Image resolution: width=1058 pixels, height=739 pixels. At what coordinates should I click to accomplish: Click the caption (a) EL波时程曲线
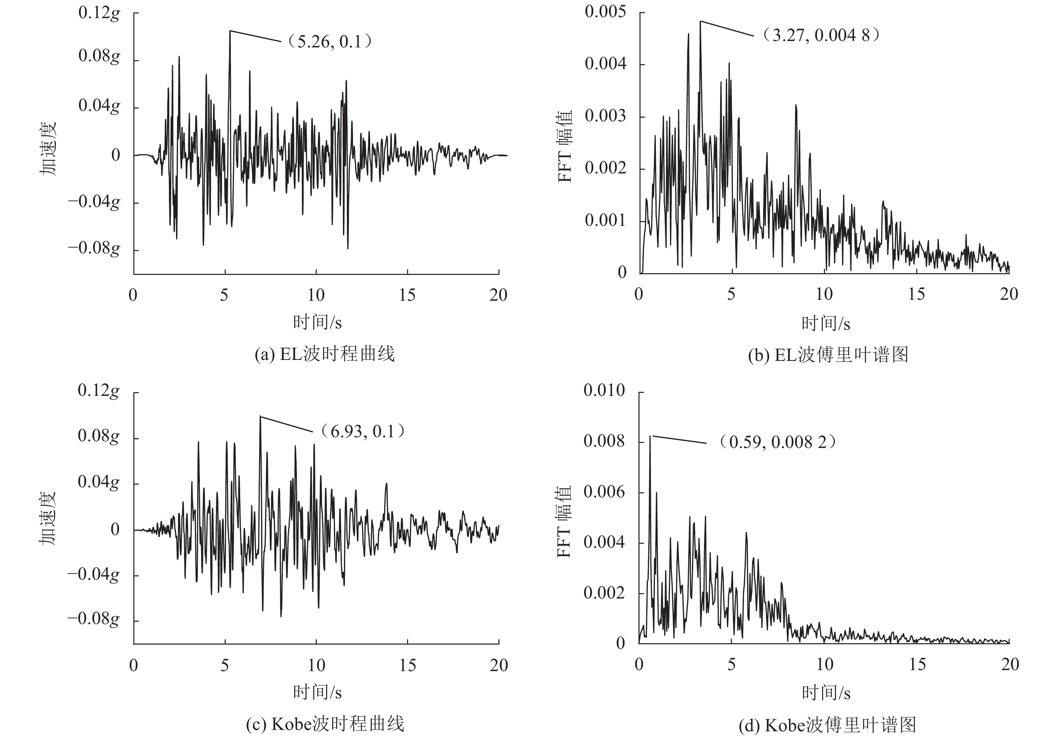325,355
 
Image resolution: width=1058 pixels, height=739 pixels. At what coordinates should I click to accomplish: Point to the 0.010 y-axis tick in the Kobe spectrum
604,391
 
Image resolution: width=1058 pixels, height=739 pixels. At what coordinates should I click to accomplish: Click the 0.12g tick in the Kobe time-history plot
99,391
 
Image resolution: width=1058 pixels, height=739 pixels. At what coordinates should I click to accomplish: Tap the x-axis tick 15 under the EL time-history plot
407,295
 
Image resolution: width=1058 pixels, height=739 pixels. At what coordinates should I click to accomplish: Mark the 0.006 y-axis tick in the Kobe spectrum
604,492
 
